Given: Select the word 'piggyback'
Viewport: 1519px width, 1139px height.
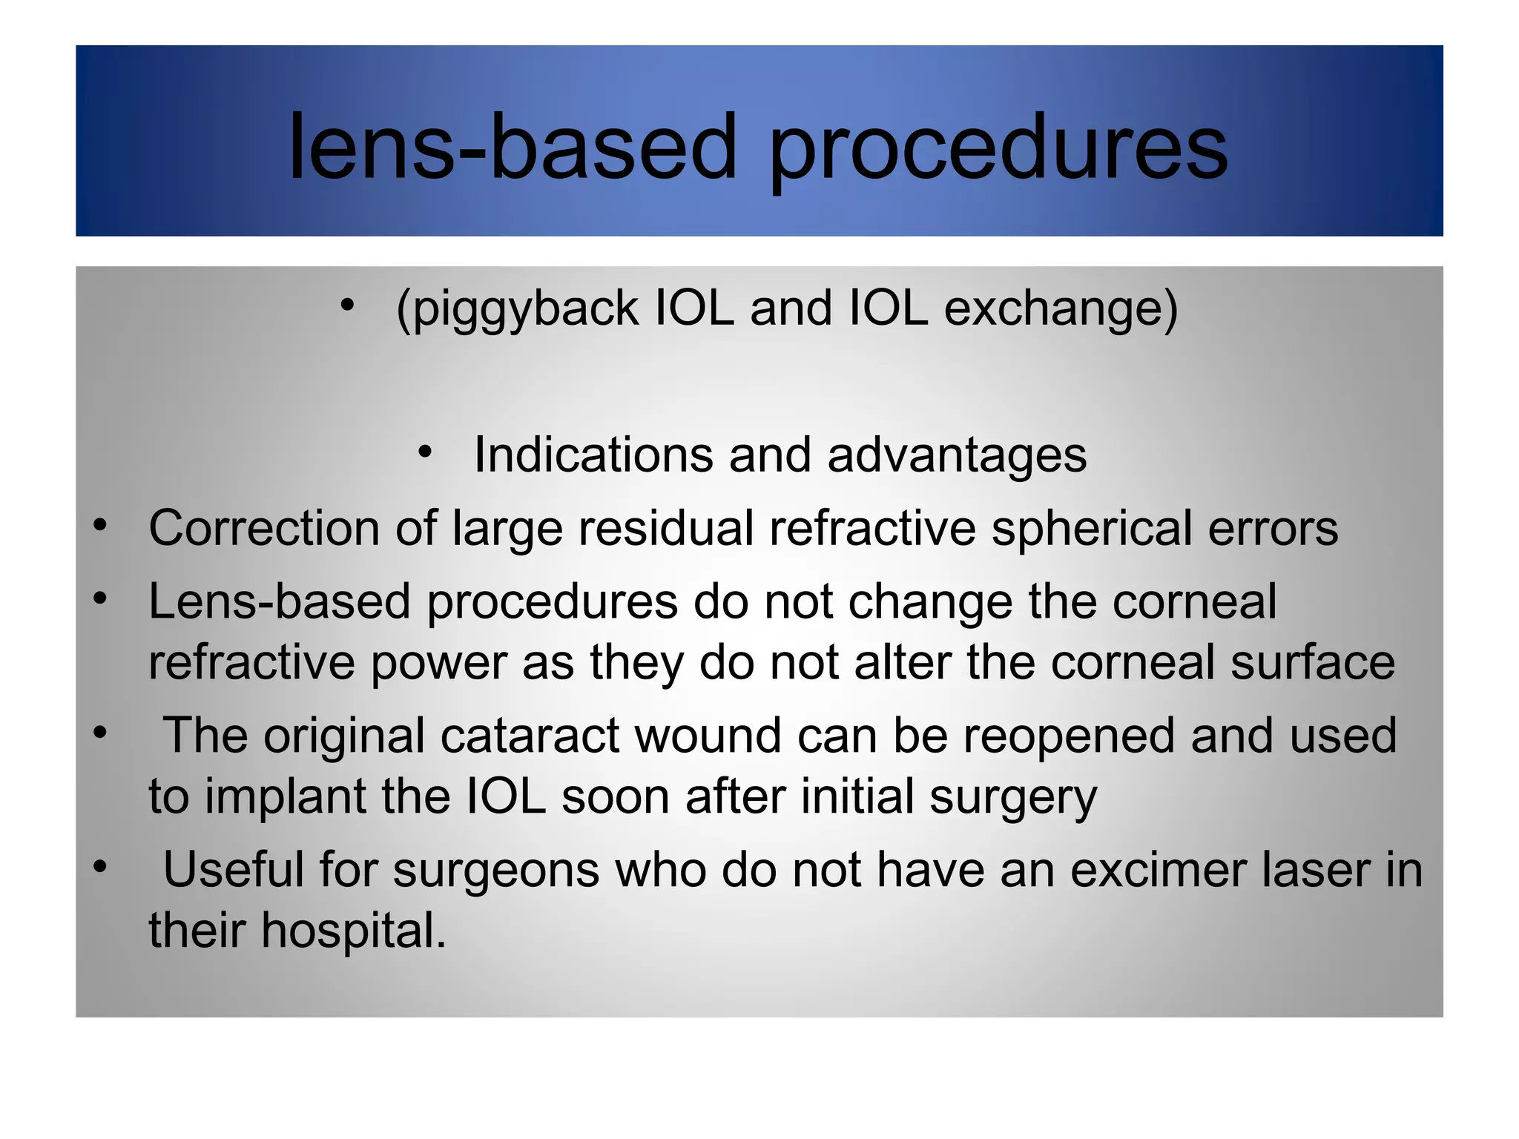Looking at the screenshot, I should tap(518, 308).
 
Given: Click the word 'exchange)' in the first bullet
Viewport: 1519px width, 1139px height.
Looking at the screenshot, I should tap(1061, 308).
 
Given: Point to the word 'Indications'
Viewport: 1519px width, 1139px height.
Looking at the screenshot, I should tap(593, 454).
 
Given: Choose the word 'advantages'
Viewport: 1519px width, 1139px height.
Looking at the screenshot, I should tap(957, 455).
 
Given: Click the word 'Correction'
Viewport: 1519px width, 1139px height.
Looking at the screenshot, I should tap(263, 528).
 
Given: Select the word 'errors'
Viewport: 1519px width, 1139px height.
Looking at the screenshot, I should tap(1273, 528).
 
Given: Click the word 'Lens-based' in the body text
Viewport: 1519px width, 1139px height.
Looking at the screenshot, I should tap(280, 601).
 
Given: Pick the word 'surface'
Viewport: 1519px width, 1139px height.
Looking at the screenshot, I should tap(1313, 661).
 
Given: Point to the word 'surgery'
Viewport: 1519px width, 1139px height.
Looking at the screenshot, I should tap(1013, 798).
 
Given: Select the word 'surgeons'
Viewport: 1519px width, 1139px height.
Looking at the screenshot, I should tap(495, 871).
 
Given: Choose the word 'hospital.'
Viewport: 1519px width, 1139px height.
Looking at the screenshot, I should tap(353, 930).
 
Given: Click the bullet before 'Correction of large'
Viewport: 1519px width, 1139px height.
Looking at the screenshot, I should tap(101, 525).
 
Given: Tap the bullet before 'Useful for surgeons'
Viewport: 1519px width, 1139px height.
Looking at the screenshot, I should tap(101, 866).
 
